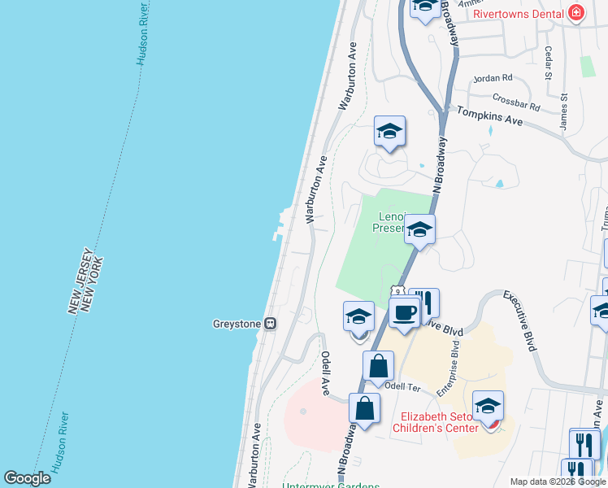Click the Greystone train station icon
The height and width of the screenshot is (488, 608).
(x=271, y=324)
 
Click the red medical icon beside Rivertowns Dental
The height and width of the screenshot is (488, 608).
(x=576, y=11)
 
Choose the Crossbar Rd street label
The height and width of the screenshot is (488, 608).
(x=516, y=105)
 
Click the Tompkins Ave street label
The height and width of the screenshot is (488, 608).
(x=489, y=118)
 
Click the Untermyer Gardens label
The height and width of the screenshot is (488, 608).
(x=330, y=486)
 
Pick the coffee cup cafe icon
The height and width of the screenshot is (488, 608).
(x=404, y=312)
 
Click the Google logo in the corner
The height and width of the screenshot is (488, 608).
(x=28, y=478)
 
